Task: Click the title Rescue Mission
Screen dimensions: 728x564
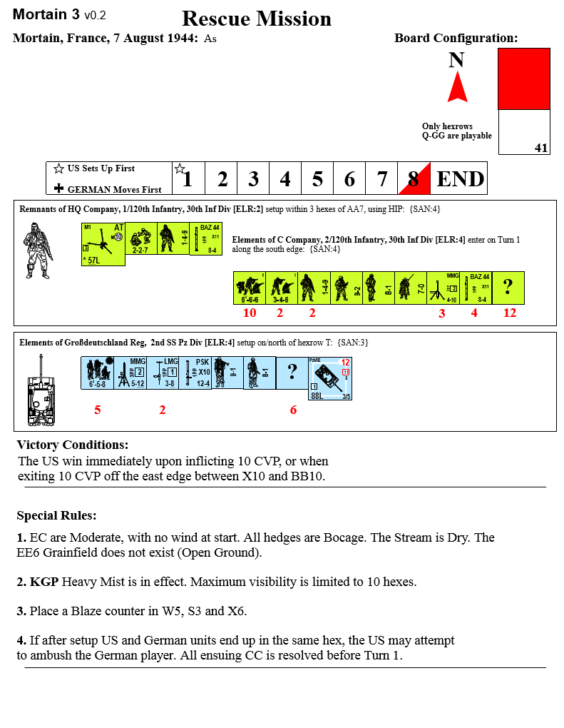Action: (x=257, y=19)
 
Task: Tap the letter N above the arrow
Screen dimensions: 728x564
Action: (x=456, y=61)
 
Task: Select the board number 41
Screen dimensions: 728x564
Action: (x=541, y=148)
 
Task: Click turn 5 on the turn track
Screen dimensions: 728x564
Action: (x=317, y=178)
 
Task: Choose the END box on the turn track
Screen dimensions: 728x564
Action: (x=460, y=178)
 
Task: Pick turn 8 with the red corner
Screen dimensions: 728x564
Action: (x=414, y=178)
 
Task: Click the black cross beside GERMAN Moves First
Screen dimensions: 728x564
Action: (x=58, y=189)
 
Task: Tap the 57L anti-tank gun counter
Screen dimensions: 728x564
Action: (x=103, y=244)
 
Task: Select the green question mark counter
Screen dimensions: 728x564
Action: (x=508, y=288)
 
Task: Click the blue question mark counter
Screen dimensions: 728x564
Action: (x=292, y=373)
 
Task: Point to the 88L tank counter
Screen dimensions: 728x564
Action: (x=329, y=378)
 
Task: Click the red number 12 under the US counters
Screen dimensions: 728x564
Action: (x=509, y=313)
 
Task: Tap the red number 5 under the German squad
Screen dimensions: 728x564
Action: (x=98, y=410)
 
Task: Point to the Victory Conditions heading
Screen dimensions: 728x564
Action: (x=73, y=445)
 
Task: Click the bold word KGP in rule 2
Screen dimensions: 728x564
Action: (x=44, y=582)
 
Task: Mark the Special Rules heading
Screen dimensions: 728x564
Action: (x=56, y=515)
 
